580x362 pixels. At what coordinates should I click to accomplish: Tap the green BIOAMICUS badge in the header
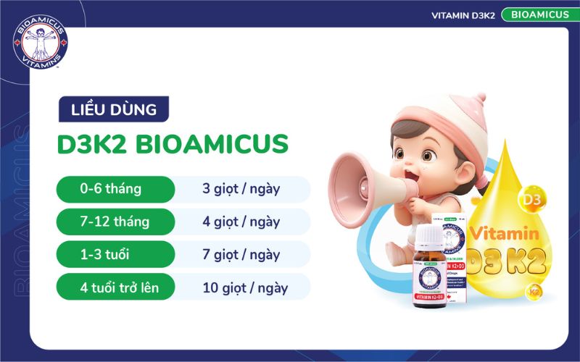tap(535, 14)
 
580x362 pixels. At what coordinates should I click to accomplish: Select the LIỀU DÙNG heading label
tap(114, 110)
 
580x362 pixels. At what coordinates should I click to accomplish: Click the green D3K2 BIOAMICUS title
tap(173, 143)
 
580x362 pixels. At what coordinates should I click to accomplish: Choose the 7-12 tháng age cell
tap(115, 222)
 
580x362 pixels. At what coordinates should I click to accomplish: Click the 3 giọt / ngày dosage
tap(241, 190)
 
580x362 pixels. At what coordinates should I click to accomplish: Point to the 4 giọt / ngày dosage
tap(241, 222)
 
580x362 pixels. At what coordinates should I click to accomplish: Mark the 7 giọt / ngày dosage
tap(241, 254)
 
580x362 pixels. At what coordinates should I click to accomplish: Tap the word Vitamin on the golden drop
tap(504, 234)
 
